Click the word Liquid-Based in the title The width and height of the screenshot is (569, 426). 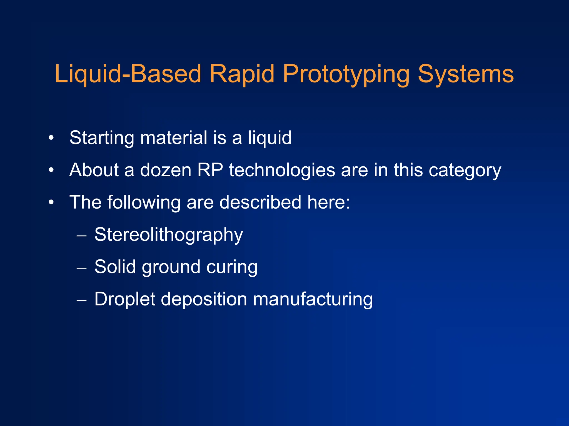click(x=128, y=74)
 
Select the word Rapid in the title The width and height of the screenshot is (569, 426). click(x=242, y=74)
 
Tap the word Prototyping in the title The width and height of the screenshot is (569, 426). click(x=346, y=74)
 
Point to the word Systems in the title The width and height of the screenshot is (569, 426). click(x=466, y=74)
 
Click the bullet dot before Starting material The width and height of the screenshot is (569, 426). click(x=51, y=138)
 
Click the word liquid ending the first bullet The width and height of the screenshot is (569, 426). click(x=269, y=138)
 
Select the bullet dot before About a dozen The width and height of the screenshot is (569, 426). click(x=51, y=170)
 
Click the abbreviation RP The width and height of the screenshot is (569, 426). click(x=210, y=170)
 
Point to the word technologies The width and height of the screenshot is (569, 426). click(x=282, y=170)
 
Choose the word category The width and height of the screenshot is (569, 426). click(x=465, y=170)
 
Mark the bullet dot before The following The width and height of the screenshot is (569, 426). click(x=51, y=202)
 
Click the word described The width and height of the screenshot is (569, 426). click(x=260, y=202)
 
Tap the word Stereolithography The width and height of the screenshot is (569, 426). click(x=169, y=235)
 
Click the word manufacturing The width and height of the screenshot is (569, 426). click(x=313, y=299)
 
